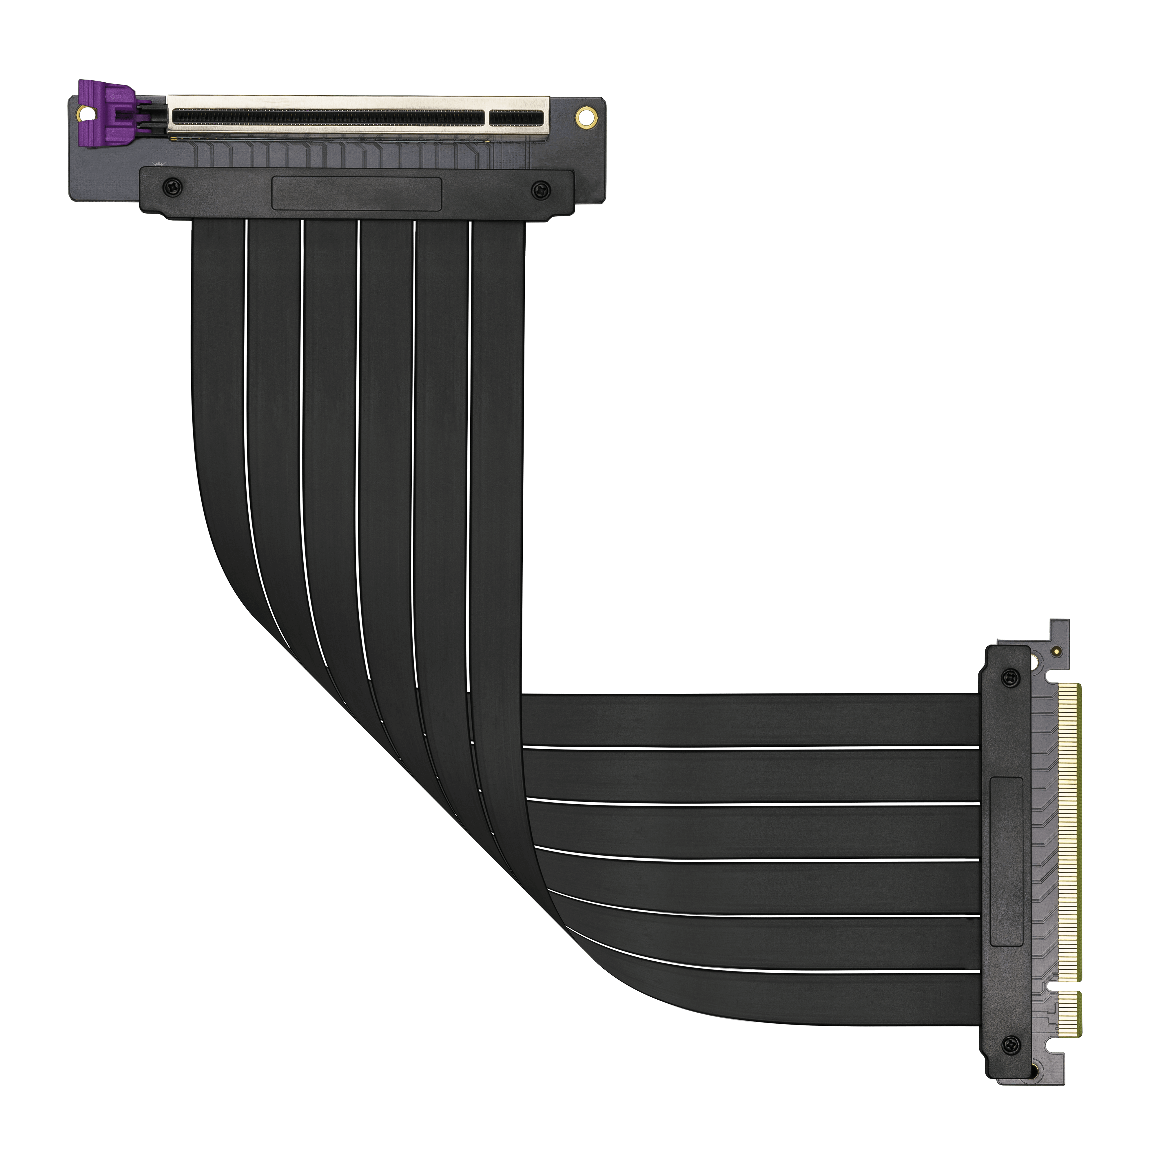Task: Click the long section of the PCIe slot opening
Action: pos(327,118)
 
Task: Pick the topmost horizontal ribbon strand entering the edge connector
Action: pos(750,720)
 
